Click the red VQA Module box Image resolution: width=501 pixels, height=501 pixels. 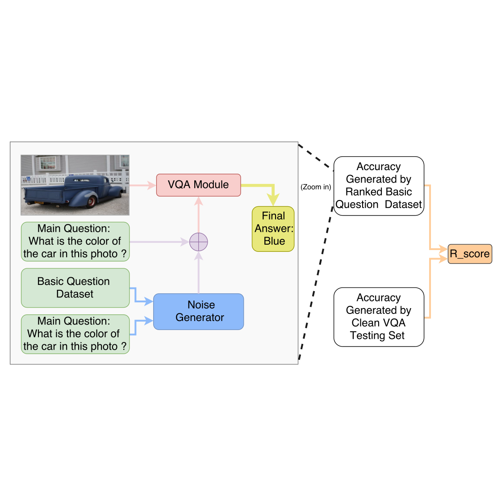click(x=198, y=185)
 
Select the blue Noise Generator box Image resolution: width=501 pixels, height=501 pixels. click(x=199, y=312)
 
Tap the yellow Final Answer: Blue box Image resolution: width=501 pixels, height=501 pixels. click(x=273, y=229)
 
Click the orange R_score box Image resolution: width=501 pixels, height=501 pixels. click(x=470, y=254)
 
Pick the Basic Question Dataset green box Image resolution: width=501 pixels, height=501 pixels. click(x=75, y=288)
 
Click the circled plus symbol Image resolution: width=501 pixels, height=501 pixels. click(x=199, y=242)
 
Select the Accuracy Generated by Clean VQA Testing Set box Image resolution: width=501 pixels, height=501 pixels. click(x=379, y=317)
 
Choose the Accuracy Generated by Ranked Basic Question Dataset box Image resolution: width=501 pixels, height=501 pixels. click(x=379, y=186)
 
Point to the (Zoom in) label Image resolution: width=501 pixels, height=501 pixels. click(x=316, y=187)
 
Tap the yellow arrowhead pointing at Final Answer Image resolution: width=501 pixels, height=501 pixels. click(x=273, y=200)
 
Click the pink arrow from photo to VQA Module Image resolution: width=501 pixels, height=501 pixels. click(x=142, y=185)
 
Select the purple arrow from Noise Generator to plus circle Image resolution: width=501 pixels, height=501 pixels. click(x=199, y=272)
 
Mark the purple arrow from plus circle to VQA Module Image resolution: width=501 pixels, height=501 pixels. click(x=199, y=214)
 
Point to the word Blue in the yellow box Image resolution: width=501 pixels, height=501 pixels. click(x=274, y=241)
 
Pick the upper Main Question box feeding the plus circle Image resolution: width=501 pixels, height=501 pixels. click(x=75, y=242)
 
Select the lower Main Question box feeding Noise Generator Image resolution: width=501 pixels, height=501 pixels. click(x=75, y=334)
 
